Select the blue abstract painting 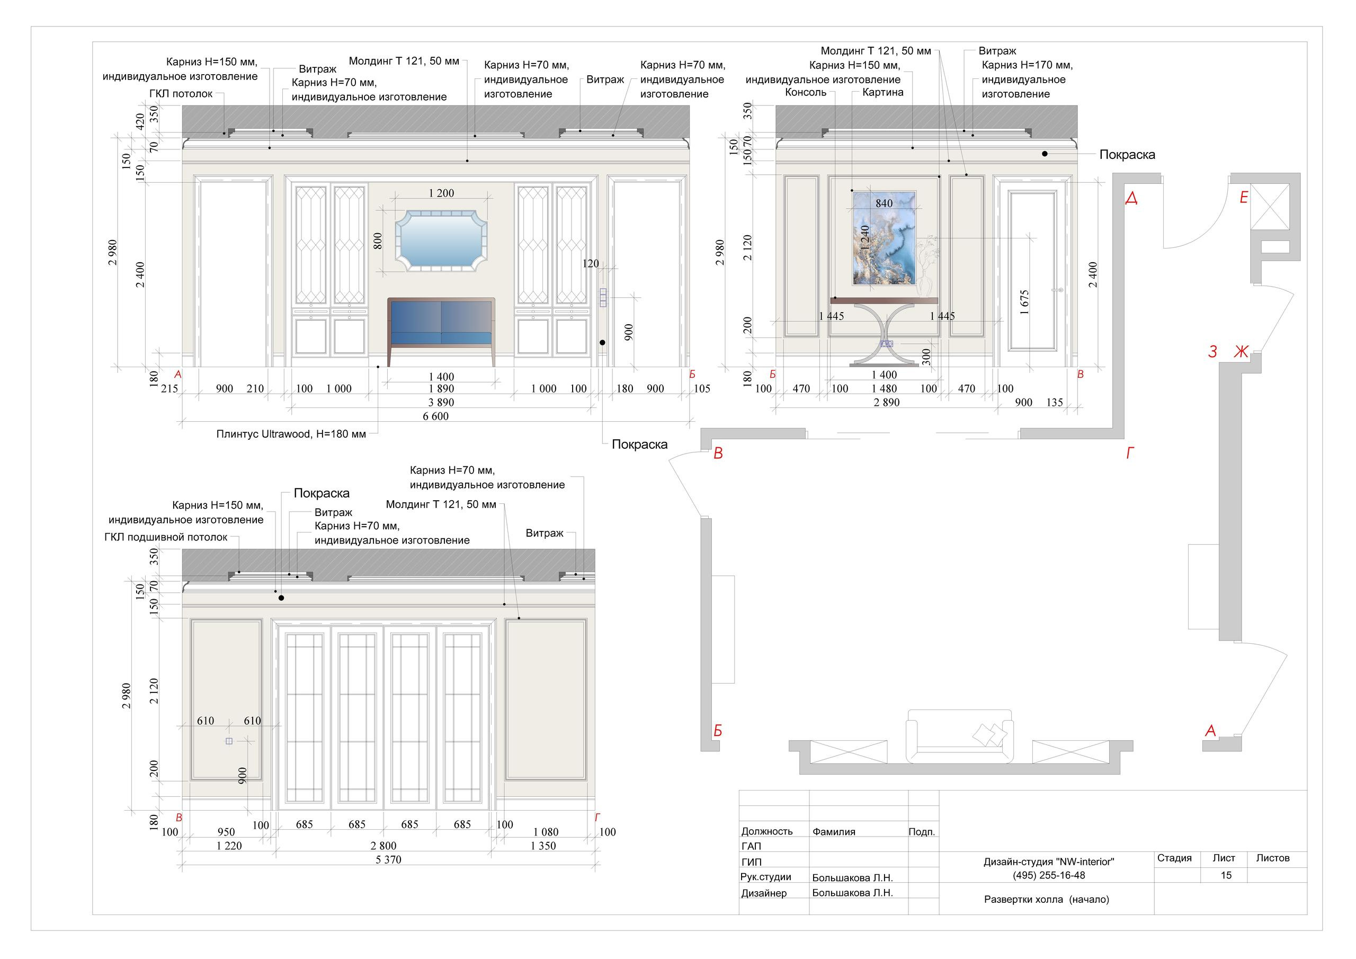tap(884, 238)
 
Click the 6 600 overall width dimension tap(436, 416)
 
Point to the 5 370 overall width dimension tap(389, 860)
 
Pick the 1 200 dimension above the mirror tap(442, 193)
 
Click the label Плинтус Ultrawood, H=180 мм tap(291, 434)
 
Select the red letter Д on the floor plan tap(1131, 198)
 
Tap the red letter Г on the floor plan tap(1130, 453)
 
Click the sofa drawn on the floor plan tap(960, 736)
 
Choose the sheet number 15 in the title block tap(1226, 875)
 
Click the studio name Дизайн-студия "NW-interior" tap(1049, 862)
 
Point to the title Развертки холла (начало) tap(1047, 899)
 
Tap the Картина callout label tap(882, 92)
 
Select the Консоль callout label tap(806, 92)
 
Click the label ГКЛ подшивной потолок tap(166, 538)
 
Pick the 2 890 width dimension tap(887, 402)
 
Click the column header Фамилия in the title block tap(834, 831)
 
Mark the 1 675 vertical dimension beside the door tap(1024, 302)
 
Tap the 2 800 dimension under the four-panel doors tap(383, 846)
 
